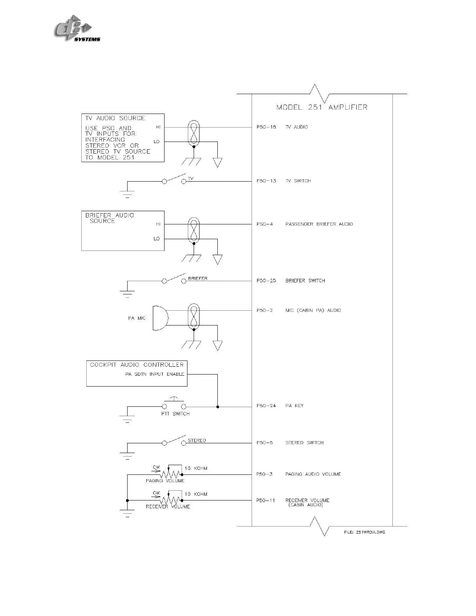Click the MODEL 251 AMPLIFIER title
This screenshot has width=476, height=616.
[x=322, y=107]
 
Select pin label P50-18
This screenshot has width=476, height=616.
[x=266, y=127]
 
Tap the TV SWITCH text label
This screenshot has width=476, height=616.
[x=298, y=181]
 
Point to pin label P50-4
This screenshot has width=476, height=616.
[x=264, y=224]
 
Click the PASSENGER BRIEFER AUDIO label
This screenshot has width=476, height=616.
[x=319, y=224]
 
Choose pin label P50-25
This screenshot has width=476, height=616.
[x=266, y=280]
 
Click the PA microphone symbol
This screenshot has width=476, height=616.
[x=160, y=318]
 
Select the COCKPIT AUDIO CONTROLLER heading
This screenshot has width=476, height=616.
[x=136, y=365]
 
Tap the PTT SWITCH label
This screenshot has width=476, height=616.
[x=175, y=414]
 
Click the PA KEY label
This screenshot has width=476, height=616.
[x=294, y=406]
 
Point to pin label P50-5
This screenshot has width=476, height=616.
[x=264, y=443]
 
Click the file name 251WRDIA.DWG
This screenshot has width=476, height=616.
[x=364, y=532]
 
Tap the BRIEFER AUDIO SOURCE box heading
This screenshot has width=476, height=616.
[x=109, y=218]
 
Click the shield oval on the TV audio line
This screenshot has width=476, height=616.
[x=194, y=133]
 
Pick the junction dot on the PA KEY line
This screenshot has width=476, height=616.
[x=217, y=407]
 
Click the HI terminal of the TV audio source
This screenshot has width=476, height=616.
[x=158, y=127]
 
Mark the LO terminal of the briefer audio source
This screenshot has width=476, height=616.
[x=157, y=239]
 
